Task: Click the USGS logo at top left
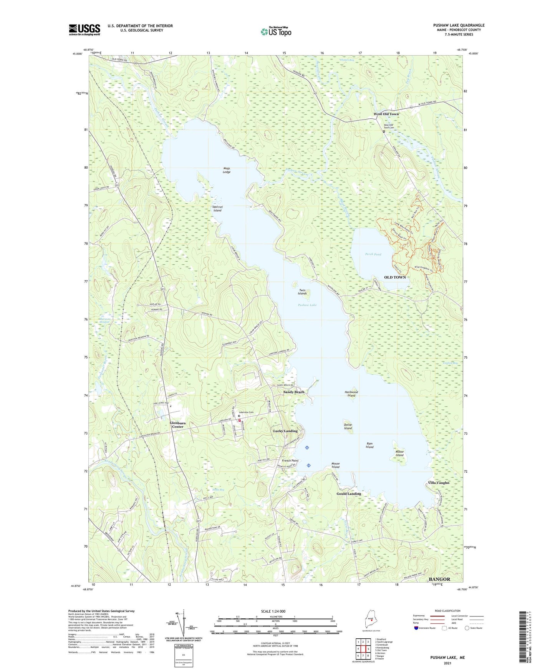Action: click(x=84, y=30)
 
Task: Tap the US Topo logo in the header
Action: click(x=276, y=32)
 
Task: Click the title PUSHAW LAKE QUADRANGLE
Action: click(x=453, y=25)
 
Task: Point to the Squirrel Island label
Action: click(x=217, y=209)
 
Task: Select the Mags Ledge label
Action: click(x=227, y=170)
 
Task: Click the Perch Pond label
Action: click(x=373, y=254)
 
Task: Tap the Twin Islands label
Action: click(x=302, y=292)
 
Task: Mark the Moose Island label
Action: click(x=399, y=453)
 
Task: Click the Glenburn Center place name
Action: click(x=177, y=425)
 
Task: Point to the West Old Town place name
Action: click(x=386, y=114)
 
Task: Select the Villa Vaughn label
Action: click(x=438, y=483)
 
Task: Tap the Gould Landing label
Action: click(x=349, y=494)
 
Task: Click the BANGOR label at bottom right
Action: click(x=439, y=579)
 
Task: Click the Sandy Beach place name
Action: click(x=294, y=392)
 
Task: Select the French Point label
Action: click(x=290, y=460)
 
